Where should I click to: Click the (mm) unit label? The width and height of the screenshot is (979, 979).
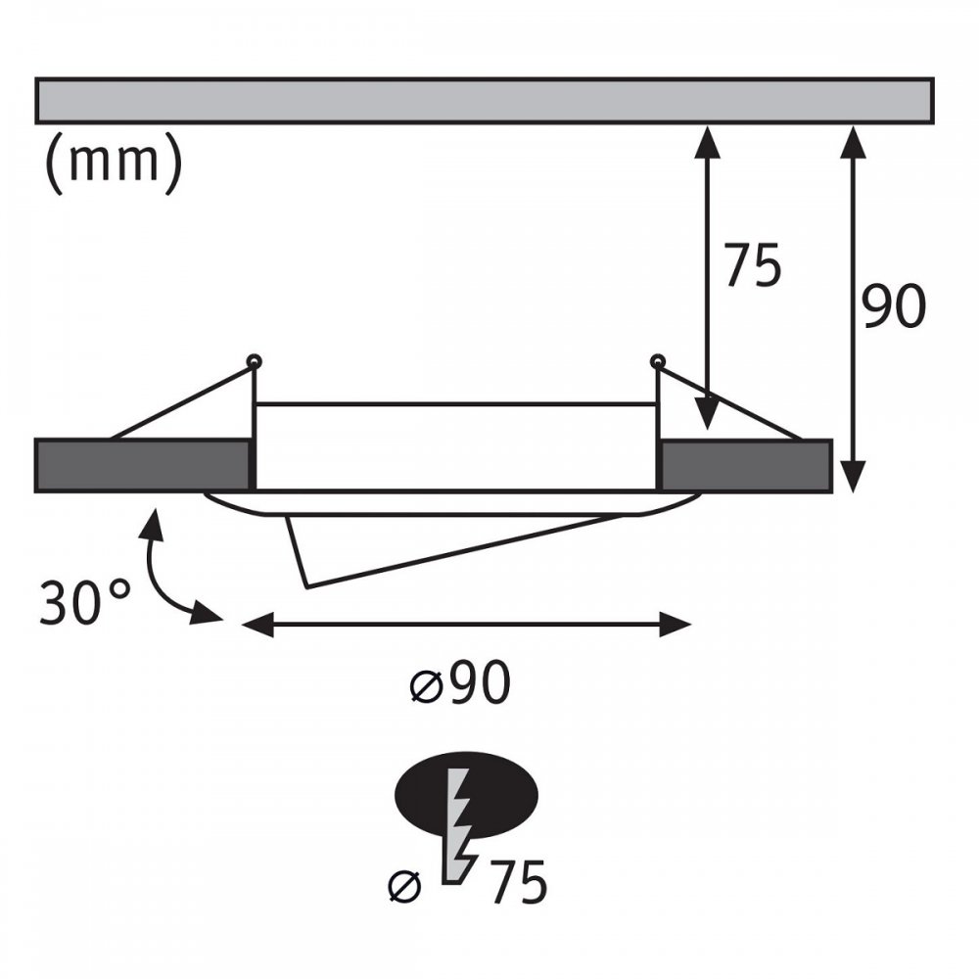115,162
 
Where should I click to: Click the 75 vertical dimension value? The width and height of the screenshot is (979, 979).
753,264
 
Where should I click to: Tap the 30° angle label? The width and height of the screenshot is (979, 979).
84,602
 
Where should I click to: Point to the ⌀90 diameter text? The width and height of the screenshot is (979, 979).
460,682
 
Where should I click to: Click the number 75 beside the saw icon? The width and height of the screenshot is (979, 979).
519,882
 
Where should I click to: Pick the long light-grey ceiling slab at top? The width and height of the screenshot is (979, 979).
485,101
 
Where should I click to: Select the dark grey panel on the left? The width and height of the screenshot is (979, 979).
144,466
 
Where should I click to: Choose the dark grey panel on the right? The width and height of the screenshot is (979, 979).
745,466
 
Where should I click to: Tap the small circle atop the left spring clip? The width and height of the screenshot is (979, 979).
255,361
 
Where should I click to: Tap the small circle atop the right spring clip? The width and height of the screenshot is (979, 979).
657,360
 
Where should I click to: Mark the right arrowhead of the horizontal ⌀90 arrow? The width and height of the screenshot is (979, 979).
675,625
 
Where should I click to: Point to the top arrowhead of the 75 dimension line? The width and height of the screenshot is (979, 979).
707,142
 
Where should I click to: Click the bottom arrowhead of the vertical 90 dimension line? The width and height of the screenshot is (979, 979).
853,477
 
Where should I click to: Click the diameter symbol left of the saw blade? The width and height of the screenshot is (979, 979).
404,887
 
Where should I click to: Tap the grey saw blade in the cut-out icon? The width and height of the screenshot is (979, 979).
456,824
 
